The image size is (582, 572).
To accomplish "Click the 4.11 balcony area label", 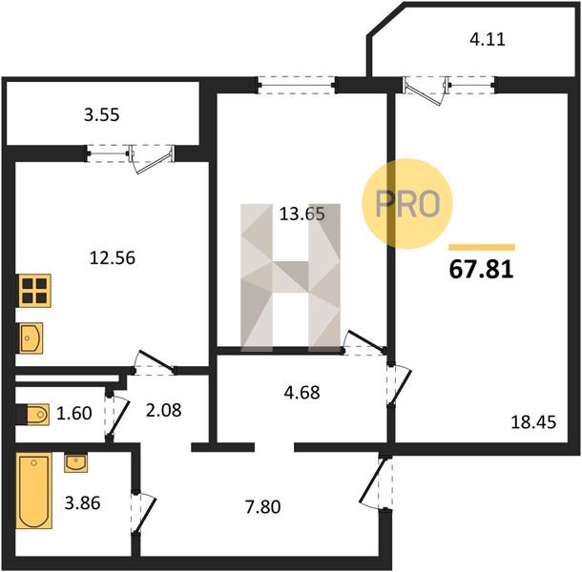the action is point(488,39).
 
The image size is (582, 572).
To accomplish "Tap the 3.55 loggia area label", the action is point(102,115).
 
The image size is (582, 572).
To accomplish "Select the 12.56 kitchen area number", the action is point(113,257).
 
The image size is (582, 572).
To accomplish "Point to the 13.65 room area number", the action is point(302,214).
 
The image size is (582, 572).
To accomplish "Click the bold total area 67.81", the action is point(482,269).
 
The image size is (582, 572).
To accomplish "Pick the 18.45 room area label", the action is point(533,422).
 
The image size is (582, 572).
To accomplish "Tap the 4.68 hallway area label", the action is point(301,393).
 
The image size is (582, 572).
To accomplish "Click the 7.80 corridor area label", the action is point(262,507).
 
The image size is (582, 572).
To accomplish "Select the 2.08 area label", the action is point(164,410).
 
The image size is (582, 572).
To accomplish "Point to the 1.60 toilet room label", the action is point(74,413).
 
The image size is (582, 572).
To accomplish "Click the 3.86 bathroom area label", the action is point(82,503).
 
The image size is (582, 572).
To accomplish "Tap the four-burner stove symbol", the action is point(34,291).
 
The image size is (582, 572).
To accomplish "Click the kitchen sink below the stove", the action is point(30,337).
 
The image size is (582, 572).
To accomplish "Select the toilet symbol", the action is point(33,414).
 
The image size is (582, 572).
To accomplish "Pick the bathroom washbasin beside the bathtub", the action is point(75,462).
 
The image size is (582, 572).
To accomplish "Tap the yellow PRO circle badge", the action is point(407,204).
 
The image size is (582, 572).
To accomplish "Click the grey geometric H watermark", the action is point(291,277).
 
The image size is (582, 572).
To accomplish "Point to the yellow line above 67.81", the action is point(482,248).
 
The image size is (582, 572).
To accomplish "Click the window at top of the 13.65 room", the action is point(297,85).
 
